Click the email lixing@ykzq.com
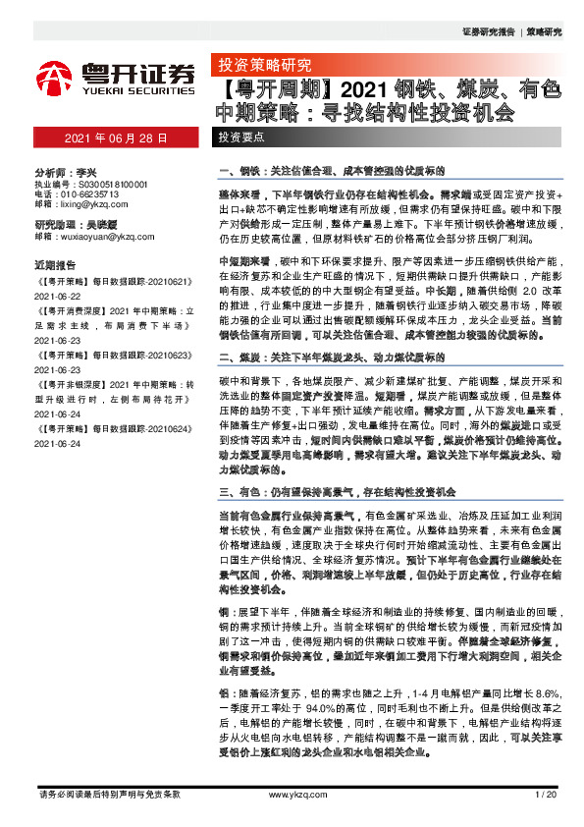click(x=81, y=205)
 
